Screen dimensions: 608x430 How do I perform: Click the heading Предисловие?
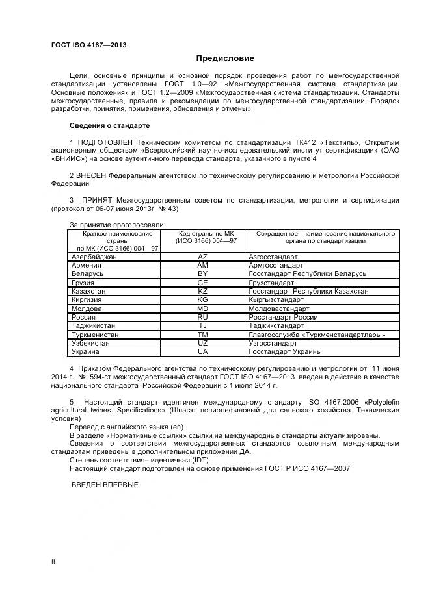(x=215, y=58)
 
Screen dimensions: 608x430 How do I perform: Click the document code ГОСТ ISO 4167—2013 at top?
(x=88, y=45)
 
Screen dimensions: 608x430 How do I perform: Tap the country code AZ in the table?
(x=202, y=257)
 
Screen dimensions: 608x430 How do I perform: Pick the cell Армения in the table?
(x=87, y=266)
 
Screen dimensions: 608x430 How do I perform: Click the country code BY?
(x=202, y=274)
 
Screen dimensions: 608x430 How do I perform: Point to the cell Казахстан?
(x=89, y=292)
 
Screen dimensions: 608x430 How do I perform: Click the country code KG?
(x=202, y=300)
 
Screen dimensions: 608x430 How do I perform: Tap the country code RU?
(x=202, y=317)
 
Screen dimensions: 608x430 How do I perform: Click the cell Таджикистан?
(x=93, y=325)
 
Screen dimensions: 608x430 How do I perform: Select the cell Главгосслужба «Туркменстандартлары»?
(x=317, y=335)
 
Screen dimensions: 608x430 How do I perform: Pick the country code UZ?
(x=202, y=342)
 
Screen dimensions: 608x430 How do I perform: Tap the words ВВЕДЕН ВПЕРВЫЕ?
(x=104, y=485)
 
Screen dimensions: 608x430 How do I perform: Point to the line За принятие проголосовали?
(x=117, y=225)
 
